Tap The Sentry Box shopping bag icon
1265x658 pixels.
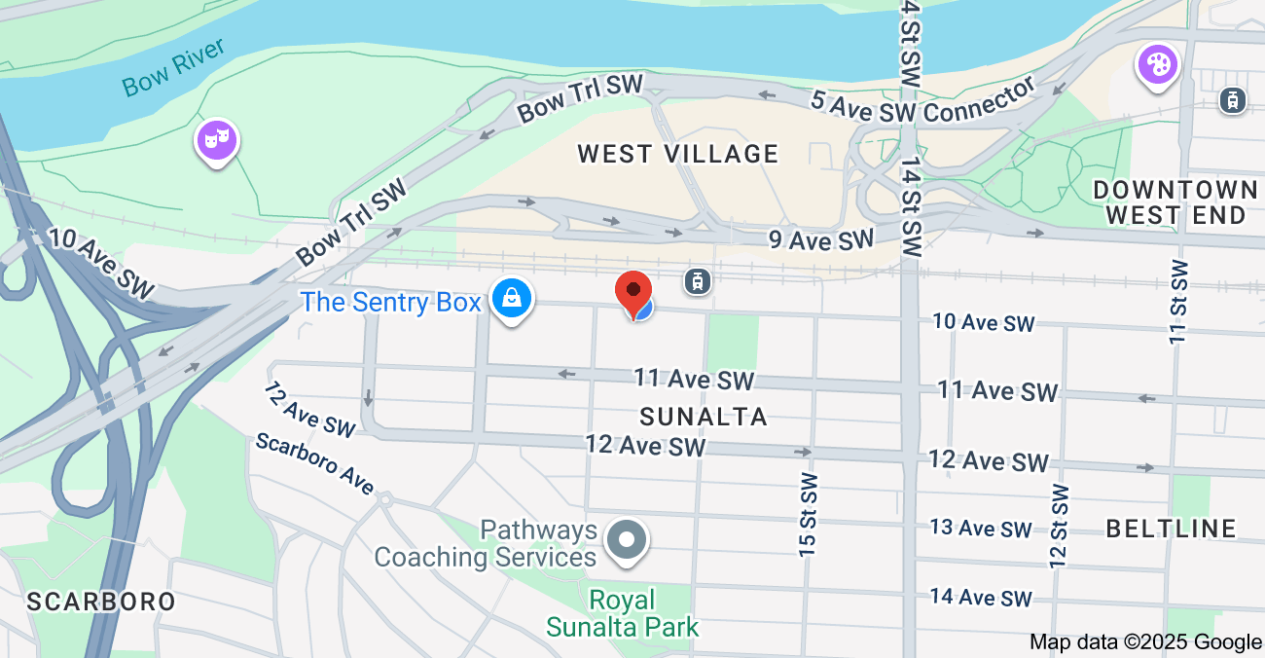coord(511,299)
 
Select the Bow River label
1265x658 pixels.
coord(174,67)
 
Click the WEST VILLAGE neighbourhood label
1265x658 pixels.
coord(677,154)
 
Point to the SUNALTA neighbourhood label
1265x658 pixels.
coord(704,417)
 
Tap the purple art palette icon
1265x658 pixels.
coord(1157,65)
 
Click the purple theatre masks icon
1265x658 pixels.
coord(216,141)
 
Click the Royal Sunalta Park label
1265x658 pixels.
coord(623,612)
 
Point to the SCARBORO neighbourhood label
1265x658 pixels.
coord(101,602)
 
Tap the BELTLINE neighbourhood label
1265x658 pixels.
coord(1172,529)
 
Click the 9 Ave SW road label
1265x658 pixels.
coord(821,239)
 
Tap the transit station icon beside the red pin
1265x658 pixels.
coord(697,282)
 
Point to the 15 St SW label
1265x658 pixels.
coord(808,515)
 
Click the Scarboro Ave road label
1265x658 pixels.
coord(313,462)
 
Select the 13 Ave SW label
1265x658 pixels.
coord(980,529)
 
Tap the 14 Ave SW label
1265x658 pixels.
coord(980,598)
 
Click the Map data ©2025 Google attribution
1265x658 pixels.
coord(1145,641)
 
